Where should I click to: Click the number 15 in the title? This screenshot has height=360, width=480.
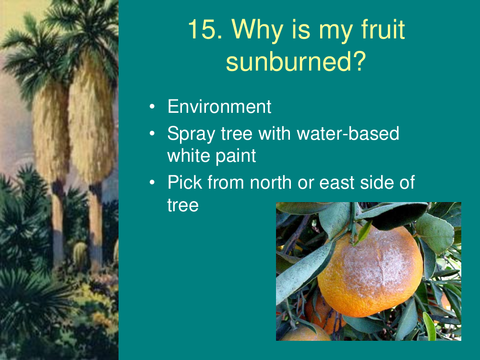coord(205,29)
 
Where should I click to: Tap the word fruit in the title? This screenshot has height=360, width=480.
coord(383,29)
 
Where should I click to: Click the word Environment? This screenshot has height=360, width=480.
coord(219,107)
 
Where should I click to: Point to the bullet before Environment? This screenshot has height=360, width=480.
coord(152,107)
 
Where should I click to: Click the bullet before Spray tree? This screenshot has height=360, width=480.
coord(152,133)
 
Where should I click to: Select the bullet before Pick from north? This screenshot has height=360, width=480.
coord(152,182)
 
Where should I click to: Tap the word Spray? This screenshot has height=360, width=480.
coord(192,134)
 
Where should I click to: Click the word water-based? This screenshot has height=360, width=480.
coord(348,133)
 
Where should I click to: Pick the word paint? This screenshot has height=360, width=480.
coord(236,156)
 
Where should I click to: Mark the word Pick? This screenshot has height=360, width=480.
coord(185,182)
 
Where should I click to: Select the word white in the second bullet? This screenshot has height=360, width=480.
coord(189,156)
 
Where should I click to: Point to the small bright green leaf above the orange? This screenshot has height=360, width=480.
coord(364,231)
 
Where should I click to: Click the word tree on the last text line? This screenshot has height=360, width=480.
coord(183,205)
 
